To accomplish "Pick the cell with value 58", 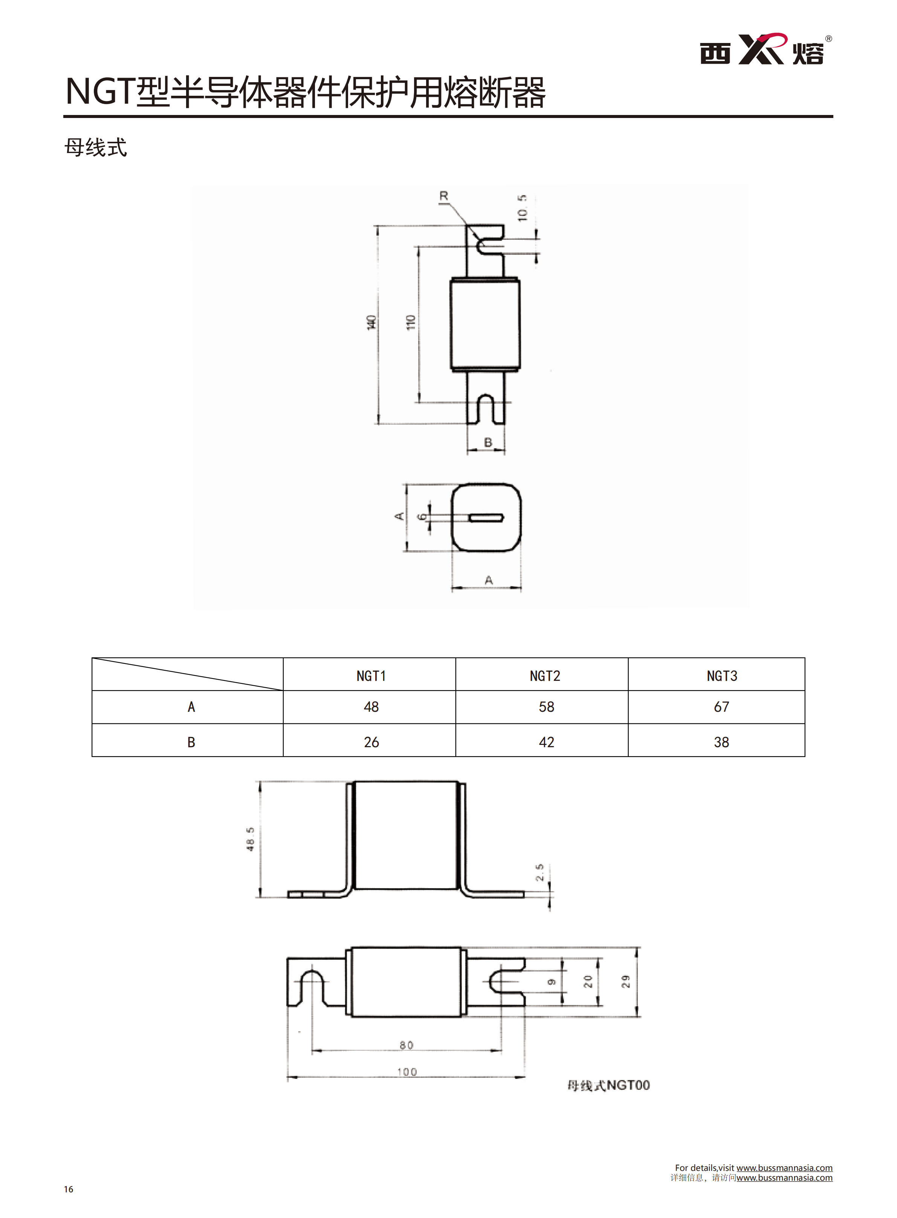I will tap(546, 707).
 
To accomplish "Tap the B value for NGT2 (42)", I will tap(546, 742).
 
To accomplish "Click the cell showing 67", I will tap(721, 707).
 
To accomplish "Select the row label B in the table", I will tap(191, 742).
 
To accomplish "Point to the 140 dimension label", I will tap(371, 322).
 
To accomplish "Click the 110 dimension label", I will tap(411, 322).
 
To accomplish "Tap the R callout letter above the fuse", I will tap(444, 196).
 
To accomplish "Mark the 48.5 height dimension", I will tap(250, 840).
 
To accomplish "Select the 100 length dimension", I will tap(407, 1072).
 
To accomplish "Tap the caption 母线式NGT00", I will tap(608, 1085).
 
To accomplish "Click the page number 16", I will tap(69, 1189).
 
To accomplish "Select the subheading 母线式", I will tap(96, 147).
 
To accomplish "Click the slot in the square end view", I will tap(486, 517).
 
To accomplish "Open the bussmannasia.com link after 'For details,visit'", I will tap(784, 1167).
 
